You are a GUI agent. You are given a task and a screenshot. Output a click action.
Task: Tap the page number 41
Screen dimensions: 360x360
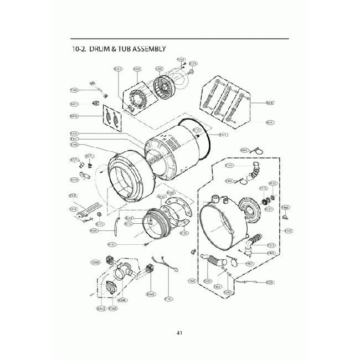tap(179, 333)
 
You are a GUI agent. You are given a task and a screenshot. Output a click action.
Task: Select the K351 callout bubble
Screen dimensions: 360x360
tap(118, 69)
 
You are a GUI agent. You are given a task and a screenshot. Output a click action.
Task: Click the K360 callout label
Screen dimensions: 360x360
tap(159, 69)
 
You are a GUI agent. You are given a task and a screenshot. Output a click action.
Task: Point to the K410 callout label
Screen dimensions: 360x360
tap(74, 116)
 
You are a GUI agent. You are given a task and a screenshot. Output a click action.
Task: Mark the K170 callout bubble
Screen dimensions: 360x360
tap(74, 179)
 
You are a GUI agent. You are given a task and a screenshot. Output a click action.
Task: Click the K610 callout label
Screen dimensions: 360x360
tap(270, 102)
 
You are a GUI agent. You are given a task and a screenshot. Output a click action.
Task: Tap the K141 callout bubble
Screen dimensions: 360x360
tap(223, 135)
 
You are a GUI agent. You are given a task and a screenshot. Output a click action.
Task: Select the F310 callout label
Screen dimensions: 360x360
tap(229, 166)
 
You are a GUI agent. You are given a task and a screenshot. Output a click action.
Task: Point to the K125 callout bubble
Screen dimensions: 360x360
tap(264, 189)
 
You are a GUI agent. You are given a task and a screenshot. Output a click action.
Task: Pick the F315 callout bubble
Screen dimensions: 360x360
tap(271, 245)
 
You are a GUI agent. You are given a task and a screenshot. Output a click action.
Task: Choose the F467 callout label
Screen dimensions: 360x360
tap(250, 264)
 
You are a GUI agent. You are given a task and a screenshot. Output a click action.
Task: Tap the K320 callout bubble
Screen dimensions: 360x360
tap(73, 195)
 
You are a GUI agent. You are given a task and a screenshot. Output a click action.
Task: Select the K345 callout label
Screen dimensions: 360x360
tap(150, 294)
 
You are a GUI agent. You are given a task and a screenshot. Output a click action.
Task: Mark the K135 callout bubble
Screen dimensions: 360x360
tap(184, 233)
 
